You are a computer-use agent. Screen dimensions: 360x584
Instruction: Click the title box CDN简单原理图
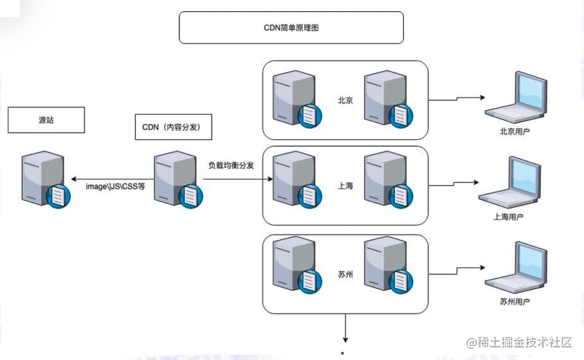291,28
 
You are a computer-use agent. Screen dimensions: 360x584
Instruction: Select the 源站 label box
46,120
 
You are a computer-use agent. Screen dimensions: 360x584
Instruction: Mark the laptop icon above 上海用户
512,182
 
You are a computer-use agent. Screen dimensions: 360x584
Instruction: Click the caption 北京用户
514,131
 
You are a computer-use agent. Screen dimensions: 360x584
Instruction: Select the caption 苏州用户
514,301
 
